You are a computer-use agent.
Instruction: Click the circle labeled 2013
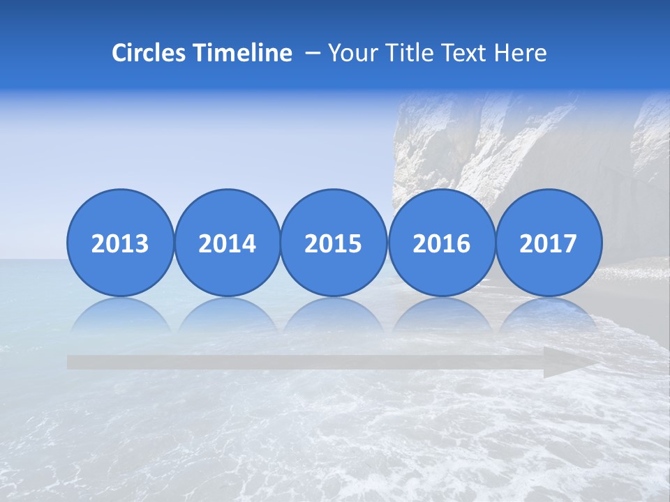(x=120, y=243)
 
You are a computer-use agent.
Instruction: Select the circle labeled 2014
(x=227, y=243)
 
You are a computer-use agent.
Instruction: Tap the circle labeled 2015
(x=334, y=243)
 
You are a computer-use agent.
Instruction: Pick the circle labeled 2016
(x=441, y=243)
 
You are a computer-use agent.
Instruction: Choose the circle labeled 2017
(x=549, y=243)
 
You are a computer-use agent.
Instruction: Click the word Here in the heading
(x=520, y=53)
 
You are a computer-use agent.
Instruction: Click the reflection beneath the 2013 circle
(x=120, y=314)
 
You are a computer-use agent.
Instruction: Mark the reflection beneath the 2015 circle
(x=334, y=314)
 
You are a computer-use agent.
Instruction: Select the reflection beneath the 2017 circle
(x=549, y=314)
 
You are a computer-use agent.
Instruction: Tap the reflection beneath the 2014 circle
(x=227, y=314)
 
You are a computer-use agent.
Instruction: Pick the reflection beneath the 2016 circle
(x=441, y=314)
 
